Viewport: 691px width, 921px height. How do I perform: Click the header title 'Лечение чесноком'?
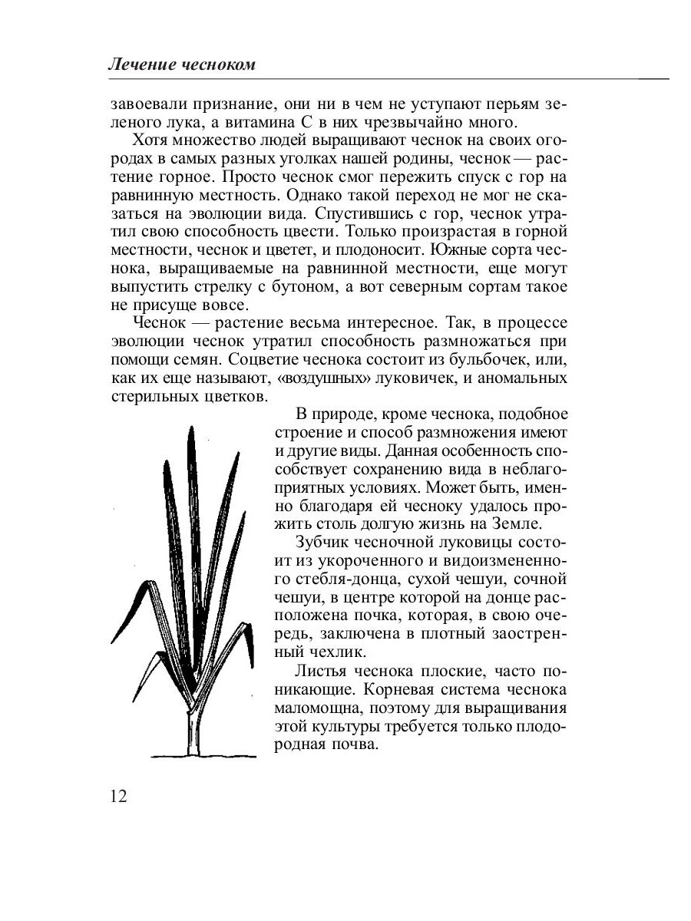click(181, 66)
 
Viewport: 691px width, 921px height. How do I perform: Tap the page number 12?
click(119, 795)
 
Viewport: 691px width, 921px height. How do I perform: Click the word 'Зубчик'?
click(323, 543)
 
